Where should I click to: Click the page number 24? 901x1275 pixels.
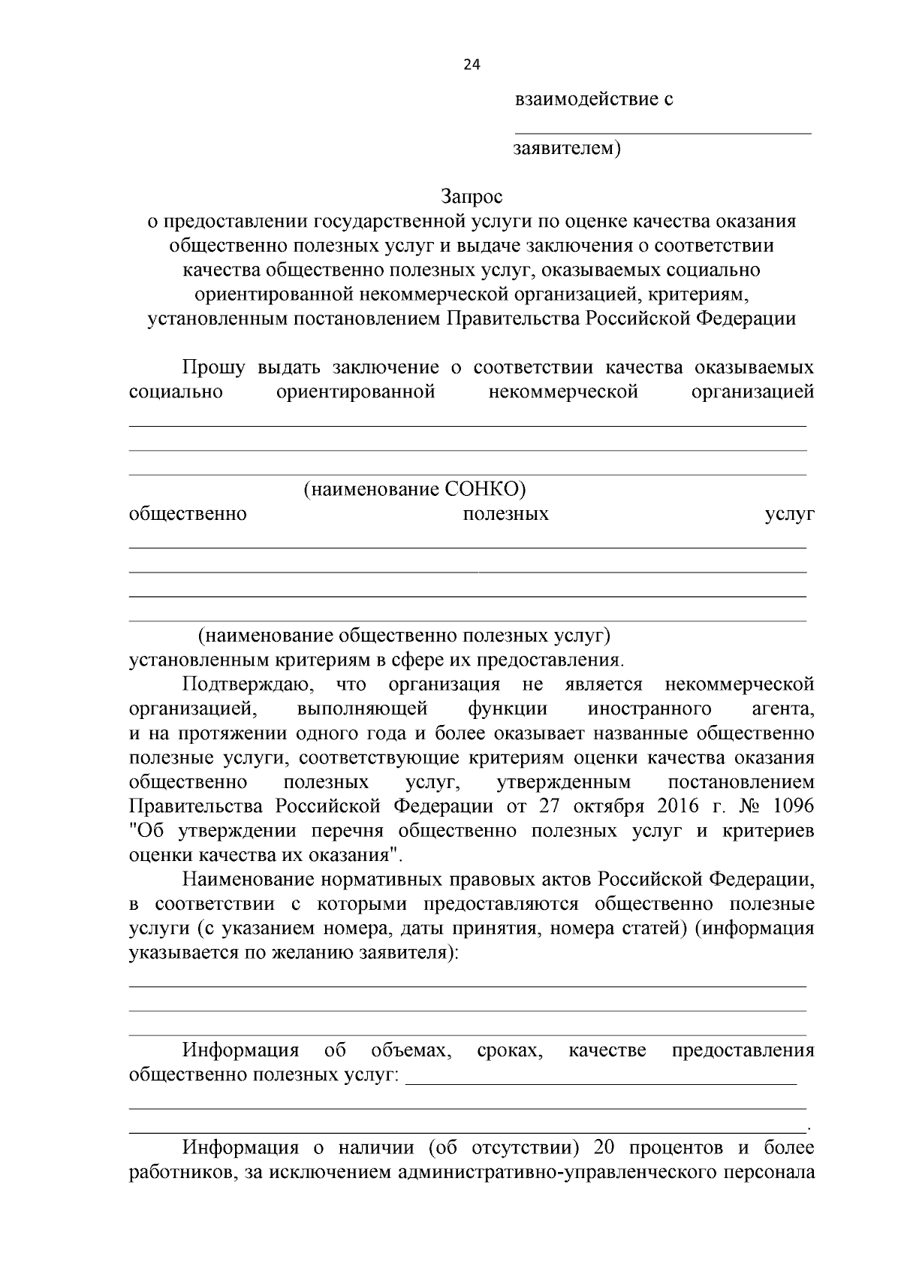coord(472,65)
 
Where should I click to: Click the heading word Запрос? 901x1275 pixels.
coord(471,197)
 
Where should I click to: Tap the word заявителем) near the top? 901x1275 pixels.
coord(567,148)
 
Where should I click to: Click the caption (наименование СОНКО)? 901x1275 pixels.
coord(414,490)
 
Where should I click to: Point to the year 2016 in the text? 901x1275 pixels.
coord(679,806)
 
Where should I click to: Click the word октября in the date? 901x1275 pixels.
coord(608,806)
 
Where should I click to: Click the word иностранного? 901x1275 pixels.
coord(649,709)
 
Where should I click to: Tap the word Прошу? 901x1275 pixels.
coord(214,367)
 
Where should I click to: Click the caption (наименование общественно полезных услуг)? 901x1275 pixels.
coord(404,636)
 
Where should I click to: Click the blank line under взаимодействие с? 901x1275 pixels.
coord(662,133)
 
